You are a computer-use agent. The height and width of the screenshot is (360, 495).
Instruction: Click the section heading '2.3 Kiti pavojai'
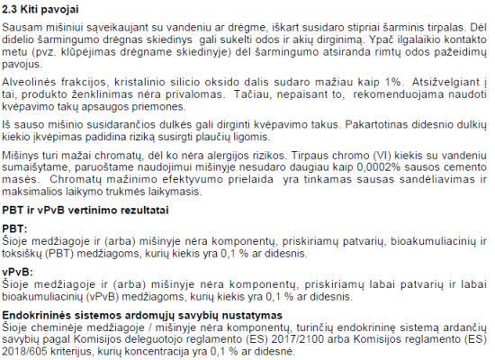tap(40, 10)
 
